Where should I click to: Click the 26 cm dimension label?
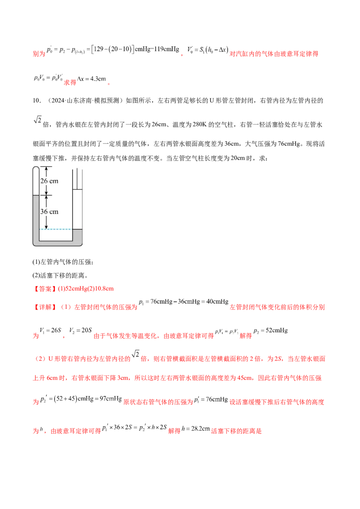point(49,181)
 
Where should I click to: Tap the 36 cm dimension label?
point(49,211)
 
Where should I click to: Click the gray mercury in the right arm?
point(76,216)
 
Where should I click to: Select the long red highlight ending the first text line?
point(274,54)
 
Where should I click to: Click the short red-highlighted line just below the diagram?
point(74,289)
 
